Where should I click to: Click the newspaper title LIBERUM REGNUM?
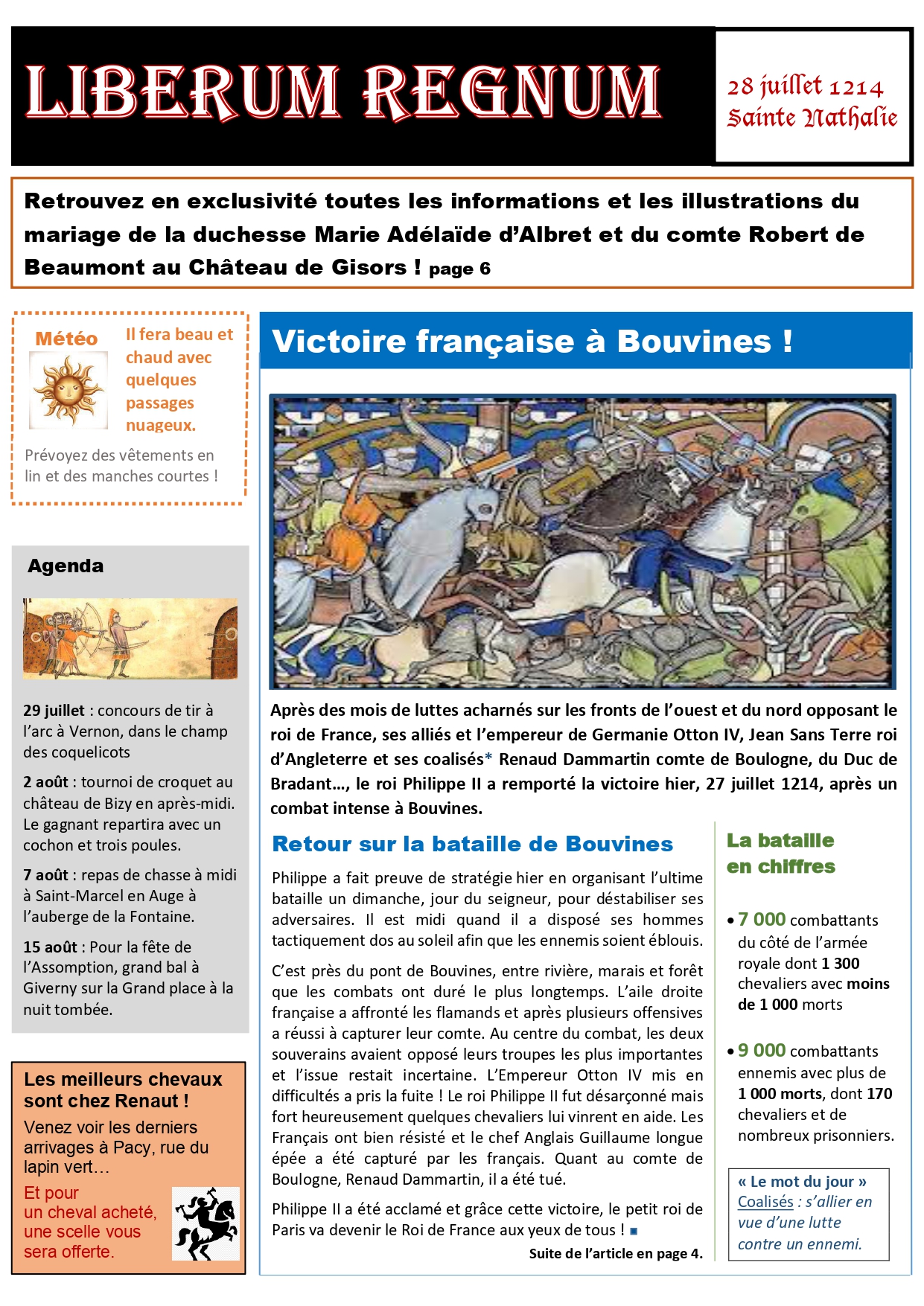click(x=343, y=92)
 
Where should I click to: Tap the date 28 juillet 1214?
click(x=805, y=87)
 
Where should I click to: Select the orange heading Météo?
click(x=66, y=339)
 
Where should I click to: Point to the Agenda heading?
click(x=66, y=566)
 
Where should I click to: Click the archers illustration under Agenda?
click(x=130, y=638)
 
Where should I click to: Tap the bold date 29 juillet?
click(x=54, y=711)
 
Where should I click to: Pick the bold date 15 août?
click(x=50, y=947)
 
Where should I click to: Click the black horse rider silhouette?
click(x=205, y=1223)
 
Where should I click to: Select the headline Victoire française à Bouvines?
click(x=532, y=342)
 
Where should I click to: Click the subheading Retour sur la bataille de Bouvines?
click(x=472, y=844)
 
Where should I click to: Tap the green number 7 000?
click(x=762, y=919)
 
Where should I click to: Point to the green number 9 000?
click(x=762, y=1050)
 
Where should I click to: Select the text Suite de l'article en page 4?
click(x=616, y=1254)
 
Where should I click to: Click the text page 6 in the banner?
click(x=459, y=269)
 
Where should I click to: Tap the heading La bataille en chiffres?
click(x=780, y=853)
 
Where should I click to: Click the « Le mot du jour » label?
click(x=802, y=1182)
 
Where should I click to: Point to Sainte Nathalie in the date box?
click(x=812, y=118)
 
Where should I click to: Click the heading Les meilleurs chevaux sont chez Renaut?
click(x=123, y=1089)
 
